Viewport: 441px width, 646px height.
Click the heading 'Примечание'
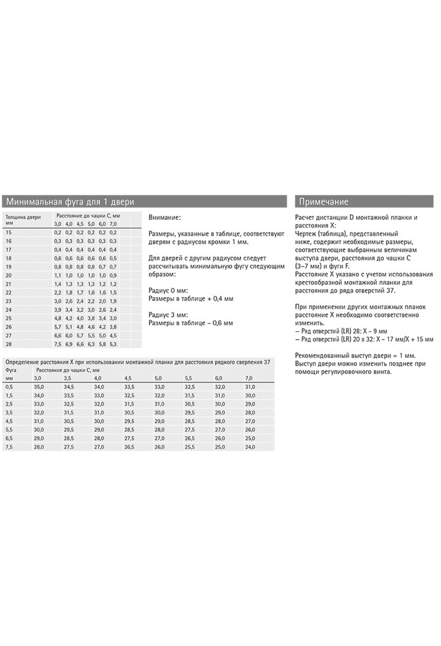click(323, 202)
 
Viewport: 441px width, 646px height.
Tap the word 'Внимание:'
click(164, 218)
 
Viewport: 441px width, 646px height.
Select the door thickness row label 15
click(9, 232)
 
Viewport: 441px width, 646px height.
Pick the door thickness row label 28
click(9, 344)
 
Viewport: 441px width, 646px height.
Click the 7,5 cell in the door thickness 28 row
click(58, 344)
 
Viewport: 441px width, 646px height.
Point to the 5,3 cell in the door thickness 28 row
click(113, 344)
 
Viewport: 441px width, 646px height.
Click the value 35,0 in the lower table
click(39, 387)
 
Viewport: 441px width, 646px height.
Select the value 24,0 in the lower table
click(250, 447)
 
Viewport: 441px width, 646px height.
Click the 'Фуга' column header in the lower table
click(11, 370)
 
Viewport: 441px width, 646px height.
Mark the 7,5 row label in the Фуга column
click(10, 447)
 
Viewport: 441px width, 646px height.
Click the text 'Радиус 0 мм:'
click(168, 291)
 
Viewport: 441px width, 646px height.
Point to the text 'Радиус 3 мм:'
click(168, 315)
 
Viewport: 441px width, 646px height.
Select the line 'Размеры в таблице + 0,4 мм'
click(191, 299)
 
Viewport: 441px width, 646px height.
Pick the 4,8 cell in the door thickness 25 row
click(58, 319)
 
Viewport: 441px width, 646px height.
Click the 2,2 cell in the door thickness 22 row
click(58, 293)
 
